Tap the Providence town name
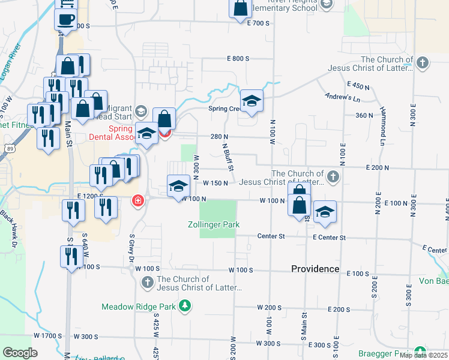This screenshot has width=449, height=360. [315, 269]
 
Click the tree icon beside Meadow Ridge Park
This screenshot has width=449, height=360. [185, 307]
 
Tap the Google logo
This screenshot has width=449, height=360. [20, 353]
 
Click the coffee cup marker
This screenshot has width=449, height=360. [65, 19]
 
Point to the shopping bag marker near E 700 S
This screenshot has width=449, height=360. [240, 9]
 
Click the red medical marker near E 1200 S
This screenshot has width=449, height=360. [138, 200]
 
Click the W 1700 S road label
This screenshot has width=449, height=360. [48, 335]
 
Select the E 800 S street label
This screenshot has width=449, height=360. [238, 59]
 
